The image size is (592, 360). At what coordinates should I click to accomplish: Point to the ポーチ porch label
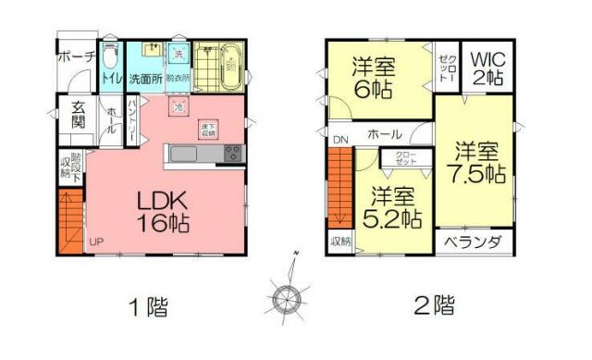click(76, 56)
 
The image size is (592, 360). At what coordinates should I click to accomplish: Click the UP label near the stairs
click(96, 242)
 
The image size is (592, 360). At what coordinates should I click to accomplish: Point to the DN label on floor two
click(339, 141)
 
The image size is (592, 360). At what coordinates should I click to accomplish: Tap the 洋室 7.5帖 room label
click(476, 161)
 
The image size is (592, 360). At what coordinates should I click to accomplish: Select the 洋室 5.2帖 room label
click(395, 207)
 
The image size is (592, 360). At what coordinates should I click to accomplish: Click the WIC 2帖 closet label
click(487, 67)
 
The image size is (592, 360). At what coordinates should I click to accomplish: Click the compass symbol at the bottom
click(288, 298)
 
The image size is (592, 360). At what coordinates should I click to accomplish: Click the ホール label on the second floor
click(384, 135)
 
